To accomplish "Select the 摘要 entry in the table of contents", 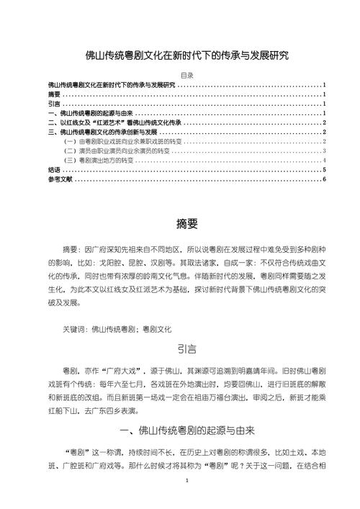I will point(55,94).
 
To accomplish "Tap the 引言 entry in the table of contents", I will point(55,104).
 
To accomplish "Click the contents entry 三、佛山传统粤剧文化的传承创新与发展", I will point(102,132).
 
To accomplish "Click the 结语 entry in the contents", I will point(55,170).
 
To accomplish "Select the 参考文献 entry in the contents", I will point(60,179).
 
